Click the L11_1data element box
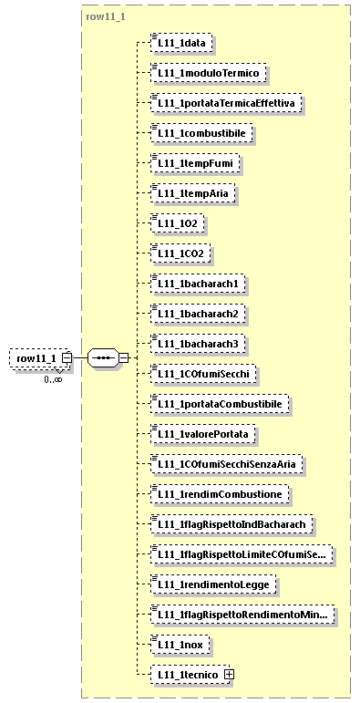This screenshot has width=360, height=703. point(182,42)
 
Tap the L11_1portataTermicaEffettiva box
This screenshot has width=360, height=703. point(227,103)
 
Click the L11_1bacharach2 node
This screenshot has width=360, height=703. point(197,313)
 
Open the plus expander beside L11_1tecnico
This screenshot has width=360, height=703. point(229,674)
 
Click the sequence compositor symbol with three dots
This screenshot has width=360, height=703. point(103,357)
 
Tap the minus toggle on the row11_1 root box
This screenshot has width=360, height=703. point(67,358)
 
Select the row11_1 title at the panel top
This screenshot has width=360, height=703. point(106,17)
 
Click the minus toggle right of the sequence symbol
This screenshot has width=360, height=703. point(123,357)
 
